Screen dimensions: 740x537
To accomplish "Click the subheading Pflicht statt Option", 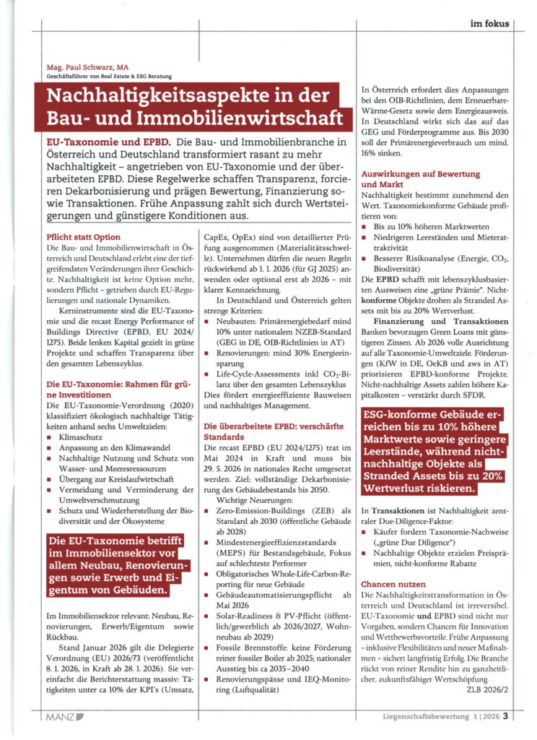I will [83, 236].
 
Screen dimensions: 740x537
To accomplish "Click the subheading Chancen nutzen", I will [393, 583].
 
